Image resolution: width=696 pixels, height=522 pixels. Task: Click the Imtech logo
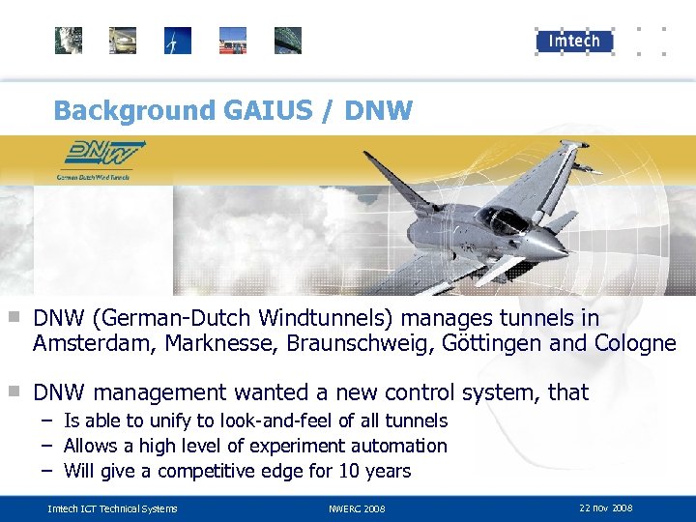click(574, 40)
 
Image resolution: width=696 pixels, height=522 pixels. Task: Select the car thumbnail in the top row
click(123, 41)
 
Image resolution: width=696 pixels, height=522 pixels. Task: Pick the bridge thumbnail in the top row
click(288, 41)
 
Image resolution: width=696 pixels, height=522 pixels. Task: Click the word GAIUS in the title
click(273, 110)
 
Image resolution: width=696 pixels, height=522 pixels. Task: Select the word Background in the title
click(134, 110)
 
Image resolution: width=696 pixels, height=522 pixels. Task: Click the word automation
click(399, 446)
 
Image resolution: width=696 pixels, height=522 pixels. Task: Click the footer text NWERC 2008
click(357, 508)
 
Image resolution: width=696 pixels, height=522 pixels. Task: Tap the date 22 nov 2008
click(606, 507)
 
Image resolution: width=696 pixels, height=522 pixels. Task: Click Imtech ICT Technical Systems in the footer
click(113, 508)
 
